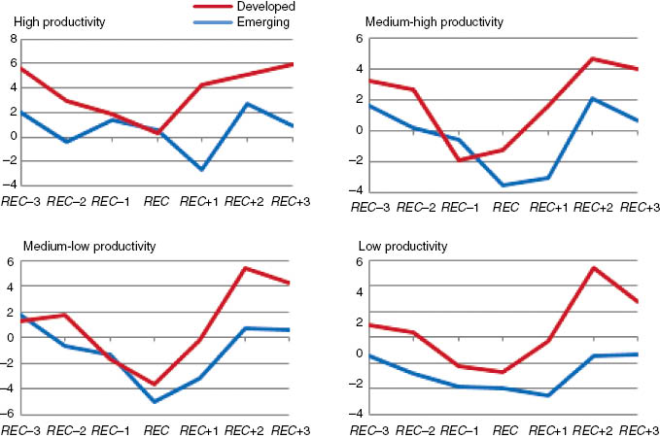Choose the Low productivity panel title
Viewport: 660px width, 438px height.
(x=405, y=247)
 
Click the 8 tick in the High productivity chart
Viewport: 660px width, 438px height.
(x=13, y=39)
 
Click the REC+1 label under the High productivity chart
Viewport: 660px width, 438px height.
(x=202, y=201)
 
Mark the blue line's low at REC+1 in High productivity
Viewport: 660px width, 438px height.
(x=202, y=170)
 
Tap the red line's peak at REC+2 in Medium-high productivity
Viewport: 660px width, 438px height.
(x=591, y=58)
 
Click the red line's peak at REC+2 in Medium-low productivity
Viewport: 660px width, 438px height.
(x=245, y=268)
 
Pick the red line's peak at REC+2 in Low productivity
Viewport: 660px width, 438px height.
(x=591, y=268)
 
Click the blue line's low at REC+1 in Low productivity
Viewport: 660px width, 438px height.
(x=548, y=395)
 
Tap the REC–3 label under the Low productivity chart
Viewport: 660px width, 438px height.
(x=373, y=429)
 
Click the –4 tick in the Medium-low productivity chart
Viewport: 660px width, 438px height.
(x=11, y=388)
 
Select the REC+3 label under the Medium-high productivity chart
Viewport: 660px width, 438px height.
(x=637, y=208)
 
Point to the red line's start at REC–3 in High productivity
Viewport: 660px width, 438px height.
(x=22, y=68)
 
